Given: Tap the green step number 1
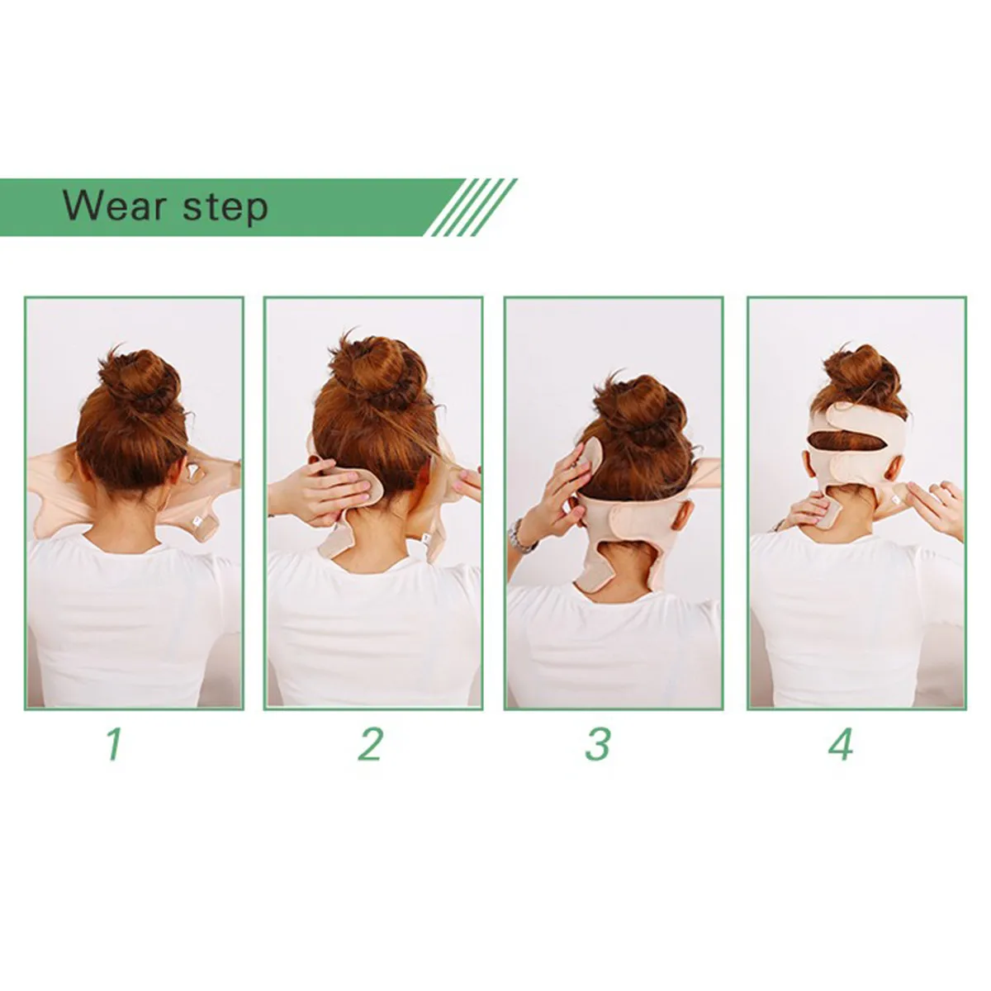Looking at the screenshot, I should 114,744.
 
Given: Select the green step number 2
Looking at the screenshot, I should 371,744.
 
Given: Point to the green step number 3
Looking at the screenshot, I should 597,744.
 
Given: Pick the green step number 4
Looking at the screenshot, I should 841,744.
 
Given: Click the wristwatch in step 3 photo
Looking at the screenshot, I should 522,538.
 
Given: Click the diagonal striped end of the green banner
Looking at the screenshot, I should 474,207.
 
